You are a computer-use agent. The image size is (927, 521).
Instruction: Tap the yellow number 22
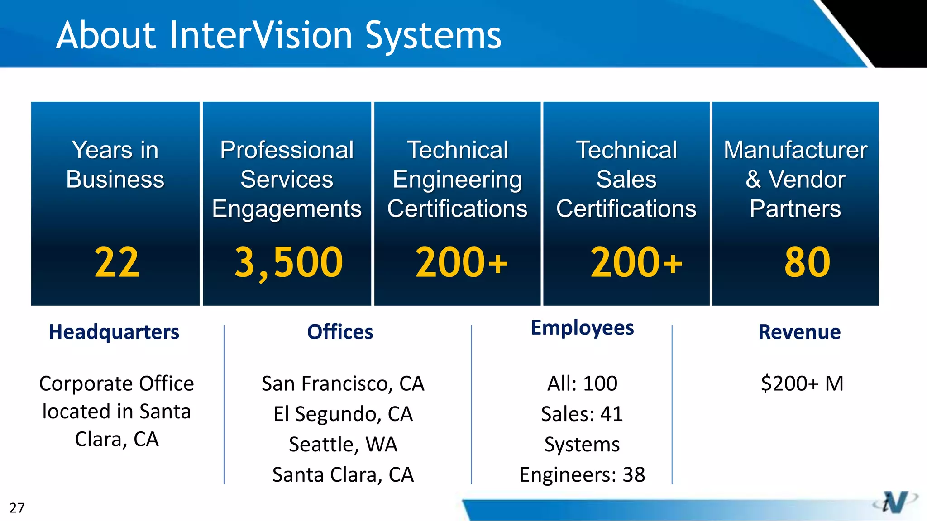(117, 263)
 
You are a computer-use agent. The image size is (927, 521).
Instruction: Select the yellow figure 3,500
(288, 263)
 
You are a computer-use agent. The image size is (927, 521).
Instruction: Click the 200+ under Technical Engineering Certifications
(461, 263)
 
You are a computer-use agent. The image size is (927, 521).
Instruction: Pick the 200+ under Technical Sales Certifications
(636, 263)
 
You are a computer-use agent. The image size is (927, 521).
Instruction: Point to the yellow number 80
(807, 263)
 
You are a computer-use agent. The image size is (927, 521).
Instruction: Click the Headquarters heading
(114, 332)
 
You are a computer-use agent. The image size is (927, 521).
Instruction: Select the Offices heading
(340, 332)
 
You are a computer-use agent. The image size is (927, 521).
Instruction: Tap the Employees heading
(582, 328)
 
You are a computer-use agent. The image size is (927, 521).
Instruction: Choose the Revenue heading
(799, 332)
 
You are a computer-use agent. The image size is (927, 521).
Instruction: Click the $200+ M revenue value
(802, 384)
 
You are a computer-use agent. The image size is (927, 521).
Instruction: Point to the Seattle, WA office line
(343, 445)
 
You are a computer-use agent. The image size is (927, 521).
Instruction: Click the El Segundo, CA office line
(343, 414)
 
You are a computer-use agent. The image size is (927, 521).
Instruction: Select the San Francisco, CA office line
(343, 384)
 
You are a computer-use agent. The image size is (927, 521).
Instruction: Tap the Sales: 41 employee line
(582, 414)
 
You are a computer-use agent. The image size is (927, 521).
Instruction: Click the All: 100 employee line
(582, 384)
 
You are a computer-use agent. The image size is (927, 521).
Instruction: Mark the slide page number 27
(17, 508)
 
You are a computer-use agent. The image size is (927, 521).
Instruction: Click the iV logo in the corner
(895, 502)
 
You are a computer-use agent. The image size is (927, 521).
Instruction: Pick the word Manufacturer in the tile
(795, 150)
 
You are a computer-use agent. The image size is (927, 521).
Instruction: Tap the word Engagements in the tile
(287, 209)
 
